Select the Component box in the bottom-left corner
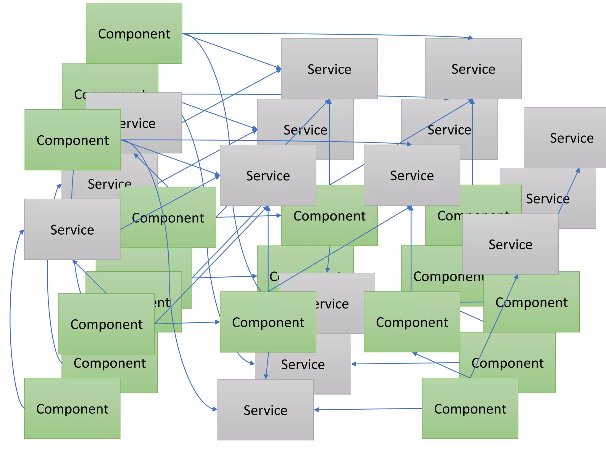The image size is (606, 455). pyautogui.click(x=72, y=424)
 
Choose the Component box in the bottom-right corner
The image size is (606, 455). pyautogui.click(x=470, y=424)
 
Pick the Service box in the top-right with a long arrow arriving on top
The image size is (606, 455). pyautogui.click(x=473, y=80)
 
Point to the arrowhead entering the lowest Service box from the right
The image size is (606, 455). pyautogui.click(x=316, y=410)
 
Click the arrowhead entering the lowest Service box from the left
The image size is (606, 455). pyautogui.click(x=215, y=409)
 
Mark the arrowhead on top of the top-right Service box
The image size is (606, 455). pyautogui.click(x=470, y=38)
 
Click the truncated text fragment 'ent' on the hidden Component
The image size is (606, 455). pyautogui.click(x=162, y=303)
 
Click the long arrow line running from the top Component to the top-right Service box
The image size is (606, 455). pyautogui.click(x=325, y=35)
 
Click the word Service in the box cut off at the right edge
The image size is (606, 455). pyautogui.click(x=572, y=138)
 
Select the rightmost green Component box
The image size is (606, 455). pyautogui.click(x=531, y=317)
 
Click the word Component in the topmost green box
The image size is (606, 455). pyautogui.click(x=134, y=34)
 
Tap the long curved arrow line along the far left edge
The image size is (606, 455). pyautogui.click(x=10, y=320)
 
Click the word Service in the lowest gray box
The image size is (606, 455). pyautogui.click(x=265, y=410)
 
